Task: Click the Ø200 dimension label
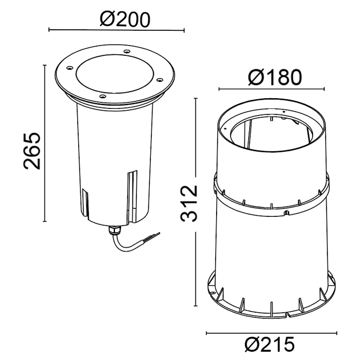(125, 20)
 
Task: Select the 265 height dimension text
(32, 151)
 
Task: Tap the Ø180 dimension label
(275, 77)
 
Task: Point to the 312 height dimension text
(189, 203)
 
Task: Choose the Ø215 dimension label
(270, 344)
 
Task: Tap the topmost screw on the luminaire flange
(126, 52)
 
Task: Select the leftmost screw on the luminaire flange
(69, 68)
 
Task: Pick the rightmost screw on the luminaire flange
(160, 80)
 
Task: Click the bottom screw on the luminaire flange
(103, 96)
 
